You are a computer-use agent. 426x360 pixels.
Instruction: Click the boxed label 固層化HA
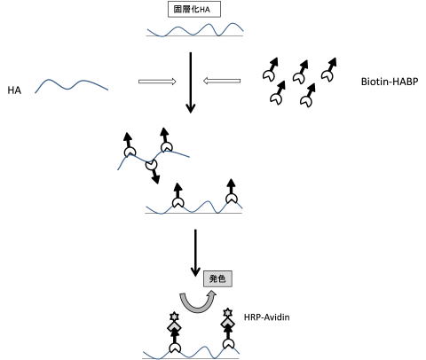[194, 10]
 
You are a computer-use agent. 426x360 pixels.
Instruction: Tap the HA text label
[14, 90]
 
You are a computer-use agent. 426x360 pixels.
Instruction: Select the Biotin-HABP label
[390, 82]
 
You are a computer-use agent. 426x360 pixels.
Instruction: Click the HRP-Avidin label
[266, 317]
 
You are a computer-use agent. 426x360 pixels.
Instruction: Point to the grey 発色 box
[217, 278]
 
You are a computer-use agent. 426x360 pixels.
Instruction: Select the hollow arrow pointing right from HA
[157, 82]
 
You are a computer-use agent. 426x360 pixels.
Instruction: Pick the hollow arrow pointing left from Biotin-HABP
[222, 81]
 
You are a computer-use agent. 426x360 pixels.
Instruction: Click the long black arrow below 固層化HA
[191, 82]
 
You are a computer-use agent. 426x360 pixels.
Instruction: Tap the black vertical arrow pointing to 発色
[195, 253]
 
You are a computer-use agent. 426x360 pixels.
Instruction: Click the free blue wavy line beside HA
[72, 85]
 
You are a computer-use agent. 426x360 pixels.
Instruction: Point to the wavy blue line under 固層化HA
[195, 30]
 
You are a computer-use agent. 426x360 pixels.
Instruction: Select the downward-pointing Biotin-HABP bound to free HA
[153, 171]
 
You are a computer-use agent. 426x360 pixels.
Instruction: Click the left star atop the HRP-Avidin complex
[174, 317]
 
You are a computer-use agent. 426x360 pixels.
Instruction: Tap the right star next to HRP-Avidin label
[227, 312]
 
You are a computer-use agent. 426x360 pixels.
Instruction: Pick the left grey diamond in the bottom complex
[175, 326]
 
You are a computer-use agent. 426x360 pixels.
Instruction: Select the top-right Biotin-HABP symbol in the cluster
[329, 70]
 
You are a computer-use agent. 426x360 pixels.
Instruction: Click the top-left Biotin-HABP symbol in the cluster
[271, 70]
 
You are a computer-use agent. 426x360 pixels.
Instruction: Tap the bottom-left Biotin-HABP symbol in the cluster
[278, 93]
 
